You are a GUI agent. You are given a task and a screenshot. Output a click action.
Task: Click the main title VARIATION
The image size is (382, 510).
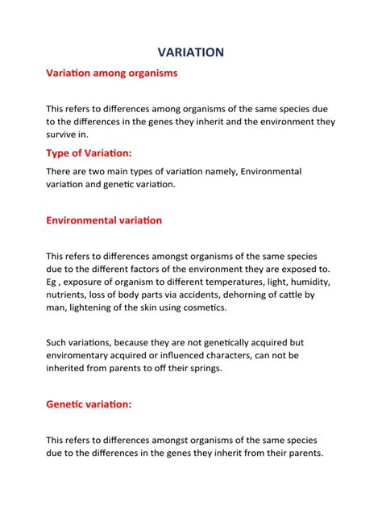[191, 52]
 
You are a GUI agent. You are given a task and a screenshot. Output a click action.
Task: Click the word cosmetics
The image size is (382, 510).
[205, 307]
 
